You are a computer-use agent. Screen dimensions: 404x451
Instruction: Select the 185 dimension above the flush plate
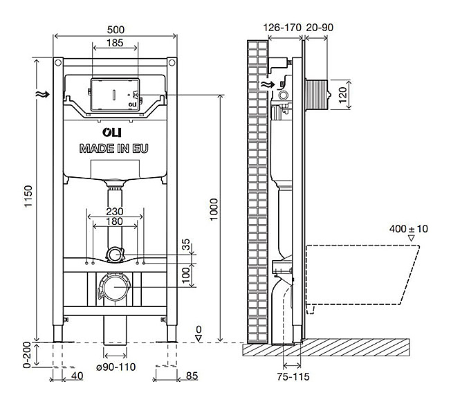pos(116,44)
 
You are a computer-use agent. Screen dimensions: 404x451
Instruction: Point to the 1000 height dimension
pos(214,207)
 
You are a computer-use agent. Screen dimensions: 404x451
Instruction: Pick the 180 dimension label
pos(115,223)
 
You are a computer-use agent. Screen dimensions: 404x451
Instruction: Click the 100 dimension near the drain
pos(185,275)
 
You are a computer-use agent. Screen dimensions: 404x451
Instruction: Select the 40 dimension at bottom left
pos(78,376)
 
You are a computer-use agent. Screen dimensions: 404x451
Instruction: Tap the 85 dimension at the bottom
pos(193,376)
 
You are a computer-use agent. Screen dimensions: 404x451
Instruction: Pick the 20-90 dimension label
pos(318,27)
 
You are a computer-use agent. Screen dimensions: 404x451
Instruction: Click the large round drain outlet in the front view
pos(115,286)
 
